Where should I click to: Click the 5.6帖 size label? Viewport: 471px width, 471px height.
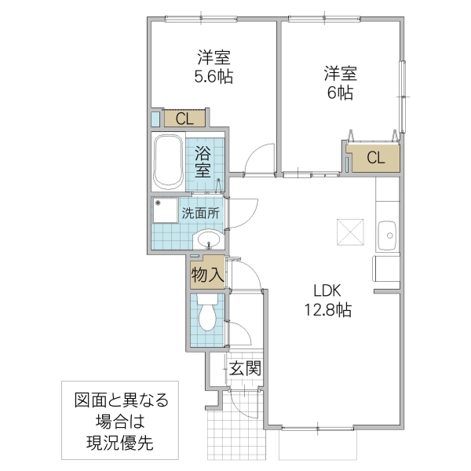tap(214, 77)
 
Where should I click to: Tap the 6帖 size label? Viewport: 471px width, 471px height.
tap(340, 93)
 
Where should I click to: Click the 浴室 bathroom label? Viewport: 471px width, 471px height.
tap(203, 160)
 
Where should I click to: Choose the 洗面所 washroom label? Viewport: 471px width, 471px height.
tap(201, 213)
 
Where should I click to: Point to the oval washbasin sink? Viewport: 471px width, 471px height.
tap(209, 239)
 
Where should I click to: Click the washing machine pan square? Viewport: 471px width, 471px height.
tap(166, 211)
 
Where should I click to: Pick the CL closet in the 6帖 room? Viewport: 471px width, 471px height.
tap(375, 157)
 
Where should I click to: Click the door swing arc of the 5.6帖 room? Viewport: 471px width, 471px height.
tap(256, 159)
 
